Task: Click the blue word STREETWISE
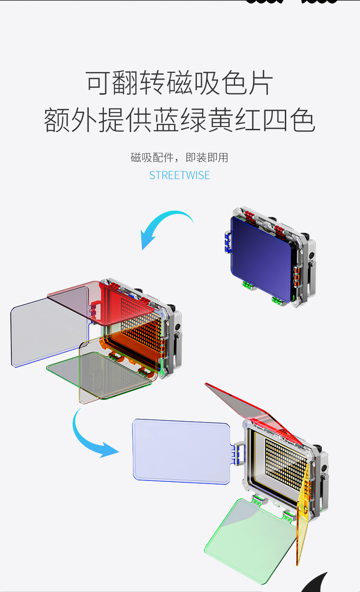click(180, 175)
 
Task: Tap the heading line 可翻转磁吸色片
click(180, 83)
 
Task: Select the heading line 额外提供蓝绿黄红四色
click(180, 120)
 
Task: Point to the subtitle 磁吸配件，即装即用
click(180, 158)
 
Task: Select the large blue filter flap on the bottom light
click(181, 451)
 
